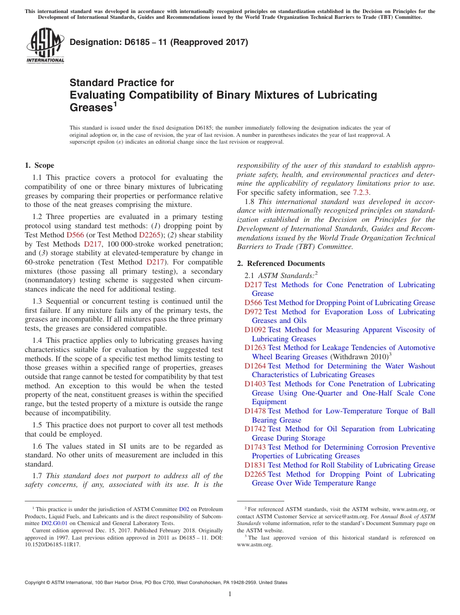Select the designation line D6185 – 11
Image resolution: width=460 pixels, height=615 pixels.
pyautogui.click(x=159, y=42)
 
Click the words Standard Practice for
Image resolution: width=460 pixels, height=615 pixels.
pyautogui.click(x=122, y=83)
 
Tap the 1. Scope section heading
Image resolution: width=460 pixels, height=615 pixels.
pyautogui.click(x=40, y=165)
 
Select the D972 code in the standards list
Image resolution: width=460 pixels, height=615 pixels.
pyautogui.click(x=253, y=312)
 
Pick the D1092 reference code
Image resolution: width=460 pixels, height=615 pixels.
pyautogui.click(x=255, y=330)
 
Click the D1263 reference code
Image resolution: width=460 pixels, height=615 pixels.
pyautogui.click(x=255, y=348)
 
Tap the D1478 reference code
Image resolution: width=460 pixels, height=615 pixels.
pyautogui.click(x=255, y=411)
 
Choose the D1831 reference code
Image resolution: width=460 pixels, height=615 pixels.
pyautogui.click(x=255, y=465)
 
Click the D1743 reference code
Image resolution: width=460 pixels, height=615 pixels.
pyautogui.click(x=255, y=447)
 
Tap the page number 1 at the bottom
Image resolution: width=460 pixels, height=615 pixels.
pyautogui.click(x=230, y=594)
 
